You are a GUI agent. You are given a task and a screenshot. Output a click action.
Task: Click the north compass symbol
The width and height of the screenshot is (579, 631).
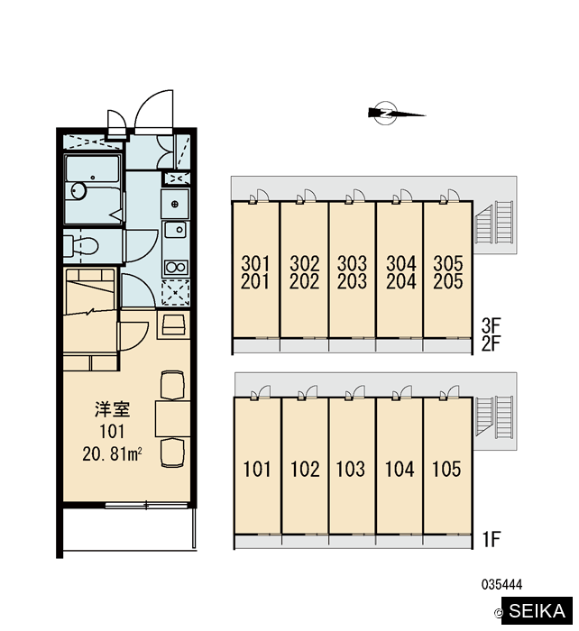coord(387,113)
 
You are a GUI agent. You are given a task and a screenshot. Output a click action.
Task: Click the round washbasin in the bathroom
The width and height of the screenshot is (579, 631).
coord(78,190)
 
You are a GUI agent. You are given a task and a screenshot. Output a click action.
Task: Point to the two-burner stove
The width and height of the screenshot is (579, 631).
coord(175,267)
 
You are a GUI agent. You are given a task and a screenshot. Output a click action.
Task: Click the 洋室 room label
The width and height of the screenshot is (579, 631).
coord(113,409)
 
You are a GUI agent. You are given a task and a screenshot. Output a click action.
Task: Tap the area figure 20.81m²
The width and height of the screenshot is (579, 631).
coord(112,454)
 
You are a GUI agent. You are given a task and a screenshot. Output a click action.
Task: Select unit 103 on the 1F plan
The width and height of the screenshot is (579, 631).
coord(351,469)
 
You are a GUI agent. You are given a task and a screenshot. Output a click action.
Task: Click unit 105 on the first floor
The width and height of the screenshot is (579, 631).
coord(446,469)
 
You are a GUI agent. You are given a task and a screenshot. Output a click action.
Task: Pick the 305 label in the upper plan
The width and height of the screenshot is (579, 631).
coord(447,263)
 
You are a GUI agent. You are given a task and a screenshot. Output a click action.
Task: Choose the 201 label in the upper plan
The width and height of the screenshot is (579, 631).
coord(255,281)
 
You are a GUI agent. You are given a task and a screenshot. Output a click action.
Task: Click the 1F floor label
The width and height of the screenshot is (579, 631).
coord(492,539)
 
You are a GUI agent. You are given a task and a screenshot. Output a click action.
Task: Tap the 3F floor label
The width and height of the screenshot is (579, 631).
coord(492,325)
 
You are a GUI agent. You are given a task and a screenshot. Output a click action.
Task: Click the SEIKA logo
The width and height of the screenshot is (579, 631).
coord(537,610)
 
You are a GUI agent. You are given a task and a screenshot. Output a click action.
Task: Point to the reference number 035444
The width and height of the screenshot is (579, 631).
coord(501,584)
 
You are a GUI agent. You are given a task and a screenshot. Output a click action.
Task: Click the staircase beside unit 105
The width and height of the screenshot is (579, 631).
coord(494,417)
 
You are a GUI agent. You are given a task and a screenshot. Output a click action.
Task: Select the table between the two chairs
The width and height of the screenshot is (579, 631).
coord(173,418)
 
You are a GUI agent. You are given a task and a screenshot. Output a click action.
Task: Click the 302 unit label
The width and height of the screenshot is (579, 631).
coord(305,263)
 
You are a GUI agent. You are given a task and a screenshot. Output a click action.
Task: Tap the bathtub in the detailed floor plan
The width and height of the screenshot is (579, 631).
coord(92,189)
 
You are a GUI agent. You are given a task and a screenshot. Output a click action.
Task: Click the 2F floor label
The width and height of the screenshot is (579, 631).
coord(492,343)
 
